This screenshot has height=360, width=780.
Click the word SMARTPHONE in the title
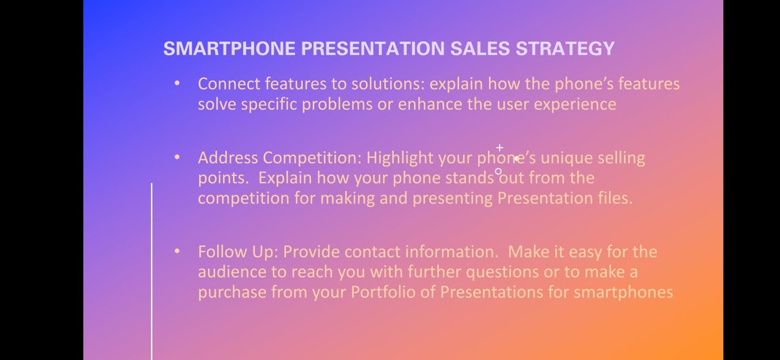click(x=230, y=48)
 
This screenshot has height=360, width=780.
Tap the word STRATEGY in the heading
click(x=565, y=48)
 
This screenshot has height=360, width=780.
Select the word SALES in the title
click(x=480, y=48)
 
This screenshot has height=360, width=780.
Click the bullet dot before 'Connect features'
click(x=177, y=83)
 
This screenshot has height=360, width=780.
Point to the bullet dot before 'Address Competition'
click(x=177, y=157)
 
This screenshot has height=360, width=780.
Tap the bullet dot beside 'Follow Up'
click(x=177, y=251)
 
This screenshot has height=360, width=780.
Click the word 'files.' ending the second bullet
click(x=615, y=198)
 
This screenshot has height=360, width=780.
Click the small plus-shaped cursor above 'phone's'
click(x=500, y=148)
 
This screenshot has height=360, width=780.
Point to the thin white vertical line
click(x=151, y=272)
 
